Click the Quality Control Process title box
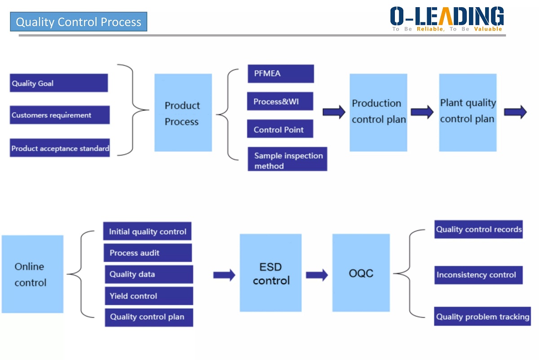tap(79, 22)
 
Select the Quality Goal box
tap(59, 83)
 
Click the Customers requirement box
tap(60, 115)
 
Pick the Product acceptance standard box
tap(60, 148)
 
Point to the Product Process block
tap(183, 113)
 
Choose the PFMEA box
tap(281, 74)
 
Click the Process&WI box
tap(280, 101)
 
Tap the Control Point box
tap(280, 129)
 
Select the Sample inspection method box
tap(287, 160)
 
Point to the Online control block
tap(32, 274)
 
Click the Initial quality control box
tap(147, 231)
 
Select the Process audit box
tap(148, 253)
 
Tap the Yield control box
tap(149, 296)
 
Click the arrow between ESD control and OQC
tap(317, 275)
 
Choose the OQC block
tap(361, 273)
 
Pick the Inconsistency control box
tap(478, 275)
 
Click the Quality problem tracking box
tap(482, 316)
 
